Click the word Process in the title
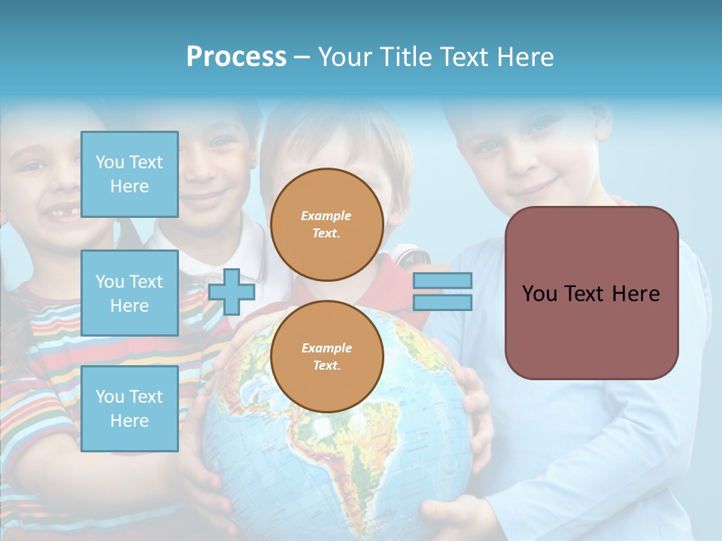pos(236,56)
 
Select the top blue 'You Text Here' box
pos(129,174)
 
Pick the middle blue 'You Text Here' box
pos(129,293)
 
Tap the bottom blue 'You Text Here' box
pos(129,409)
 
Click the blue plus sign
pos(232,292)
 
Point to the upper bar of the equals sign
pos(442,281)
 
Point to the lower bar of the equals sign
pos(442,302)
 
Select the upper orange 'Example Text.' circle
pos(326,225)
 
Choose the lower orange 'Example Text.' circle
pos(326,357)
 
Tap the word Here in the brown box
pos(636,294)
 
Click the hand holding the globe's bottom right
pos(451,515)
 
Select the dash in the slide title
pos(302,57)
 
